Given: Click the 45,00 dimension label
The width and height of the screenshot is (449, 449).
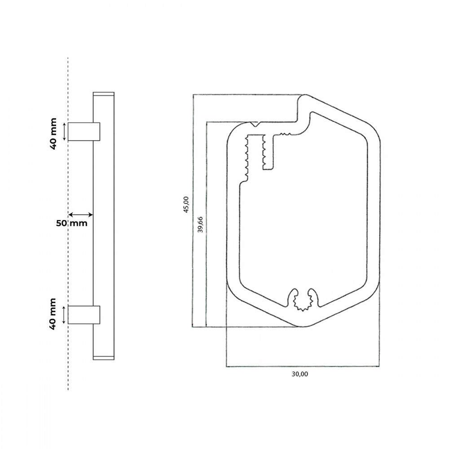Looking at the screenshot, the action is click(x=186, y=205).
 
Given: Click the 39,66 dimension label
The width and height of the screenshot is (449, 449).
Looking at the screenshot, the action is click(x=200, y=224).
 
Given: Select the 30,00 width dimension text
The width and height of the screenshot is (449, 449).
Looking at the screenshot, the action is click(x=300, y=374).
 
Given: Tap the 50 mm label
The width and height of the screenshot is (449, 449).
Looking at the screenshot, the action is click(x=71, y=223).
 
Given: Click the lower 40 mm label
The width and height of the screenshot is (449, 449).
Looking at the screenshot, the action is click(x=53, y=314).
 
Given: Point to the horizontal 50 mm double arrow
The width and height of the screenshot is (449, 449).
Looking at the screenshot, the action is click(x=81, y=215).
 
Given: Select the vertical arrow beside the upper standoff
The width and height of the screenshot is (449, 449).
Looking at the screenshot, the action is click(x=64, y=132).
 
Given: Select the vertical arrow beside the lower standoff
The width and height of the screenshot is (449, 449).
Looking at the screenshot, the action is click(x=64, y=315).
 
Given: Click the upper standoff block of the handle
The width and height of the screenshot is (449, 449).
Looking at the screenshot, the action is click(x=84, y=132).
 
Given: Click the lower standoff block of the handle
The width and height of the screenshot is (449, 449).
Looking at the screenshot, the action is click(x=84, y=315).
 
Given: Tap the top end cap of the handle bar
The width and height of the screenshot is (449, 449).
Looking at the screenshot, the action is click(x=104, y=94).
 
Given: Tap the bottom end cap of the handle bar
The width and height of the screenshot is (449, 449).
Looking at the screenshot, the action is click(x=104, y=358).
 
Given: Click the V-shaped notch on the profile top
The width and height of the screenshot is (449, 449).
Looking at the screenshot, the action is click(x=255, y=124).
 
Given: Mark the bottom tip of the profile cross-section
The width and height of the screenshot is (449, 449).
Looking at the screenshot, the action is click(x=304, y=326).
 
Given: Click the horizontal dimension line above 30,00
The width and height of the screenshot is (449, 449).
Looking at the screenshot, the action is click(x=303, y=366).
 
